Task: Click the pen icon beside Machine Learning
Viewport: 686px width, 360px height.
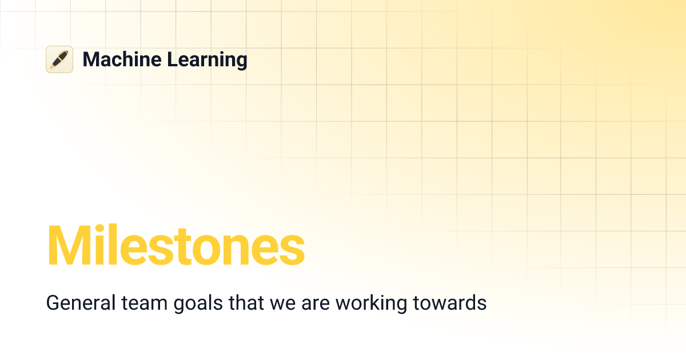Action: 59,59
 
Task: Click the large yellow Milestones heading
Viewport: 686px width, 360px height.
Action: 176,246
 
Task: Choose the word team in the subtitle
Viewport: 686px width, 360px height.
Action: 136,303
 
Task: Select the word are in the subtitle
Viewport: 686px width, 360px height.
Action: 313,303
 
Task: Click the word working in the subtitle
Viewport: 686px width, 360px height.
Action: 369,303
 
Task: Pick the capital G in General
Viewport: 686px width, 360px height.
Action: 53,303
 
